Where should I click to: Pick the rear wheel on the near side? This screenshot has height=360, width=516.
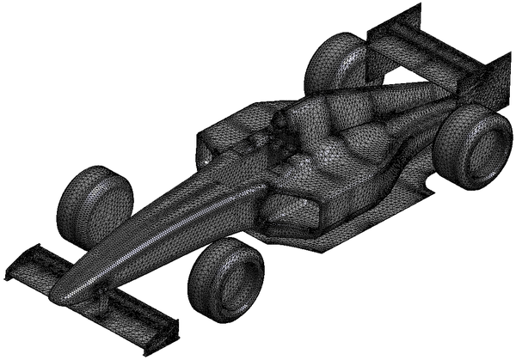click(472, 146)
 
